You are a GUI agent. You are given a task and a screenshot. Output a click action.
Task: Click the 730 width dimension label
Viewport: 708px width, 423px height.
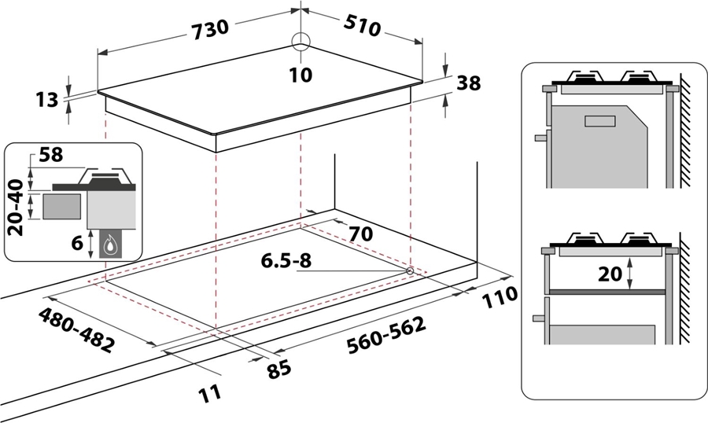pos(210,30)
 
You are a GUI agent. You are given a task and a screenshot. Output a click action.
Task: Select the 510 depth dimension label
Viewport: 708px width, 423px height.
pos(362,26)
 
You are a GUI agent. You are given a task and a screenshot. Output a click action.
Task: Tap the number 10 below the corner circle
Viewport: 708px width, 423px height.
pos(301,75)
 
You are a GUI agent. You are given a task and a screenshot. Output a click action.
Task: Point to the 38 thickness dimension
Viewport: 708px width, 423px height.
pos(469,83)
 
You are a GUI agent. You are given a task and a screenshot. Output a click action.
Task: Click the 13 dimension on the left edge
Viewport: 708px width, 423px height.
pos(47,99)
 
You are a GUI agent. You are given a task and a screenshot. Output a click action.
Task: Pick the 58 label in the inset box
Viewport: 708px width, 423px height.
pos(51,155)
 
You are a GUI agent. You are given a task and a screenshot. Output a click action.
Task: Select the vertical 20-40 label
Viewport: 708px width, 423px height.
pos(17,208)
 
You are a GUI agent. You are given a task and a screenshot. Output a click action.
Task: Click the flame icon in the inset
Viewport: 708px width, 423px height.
pos(110,245)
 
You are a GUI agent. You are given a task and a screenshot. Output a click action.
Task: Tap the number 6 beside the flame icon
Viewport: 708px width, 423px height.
pos(77,243)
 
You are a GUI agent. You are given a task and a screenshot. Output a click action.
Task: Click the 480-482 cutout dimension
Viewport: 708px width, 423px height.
pos(76,330)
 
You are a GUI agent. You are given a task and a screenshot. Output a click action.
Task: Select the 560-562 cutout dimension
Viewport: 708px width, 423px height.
pos(386,335)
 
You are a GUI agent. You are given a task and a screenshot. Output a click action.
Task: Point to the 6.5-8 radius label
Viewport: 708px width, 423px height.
pos(286,260)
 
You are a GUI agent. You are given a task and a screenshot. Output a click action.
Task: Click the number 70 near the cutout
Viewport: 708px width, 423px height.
pos(361,234)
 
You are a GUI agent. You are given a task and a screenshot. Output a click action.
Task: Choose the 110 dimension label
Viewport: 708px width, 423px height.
pos(500,297)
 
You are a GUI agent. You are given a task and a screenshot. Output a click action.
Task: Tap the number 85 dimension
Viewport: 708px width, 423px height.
pos(278,370)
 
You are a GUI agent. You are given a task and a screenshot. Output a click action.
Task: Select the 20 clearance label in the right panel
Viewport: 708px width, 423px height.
pos(610,274)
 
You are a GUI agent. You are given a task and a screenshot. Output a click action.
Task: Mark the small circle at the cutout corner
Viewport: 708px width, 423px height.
pos(410,271)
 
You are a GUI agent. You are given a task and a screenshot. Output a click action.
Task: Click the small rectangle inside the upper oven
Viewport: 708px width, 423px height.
pos(599,121)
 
